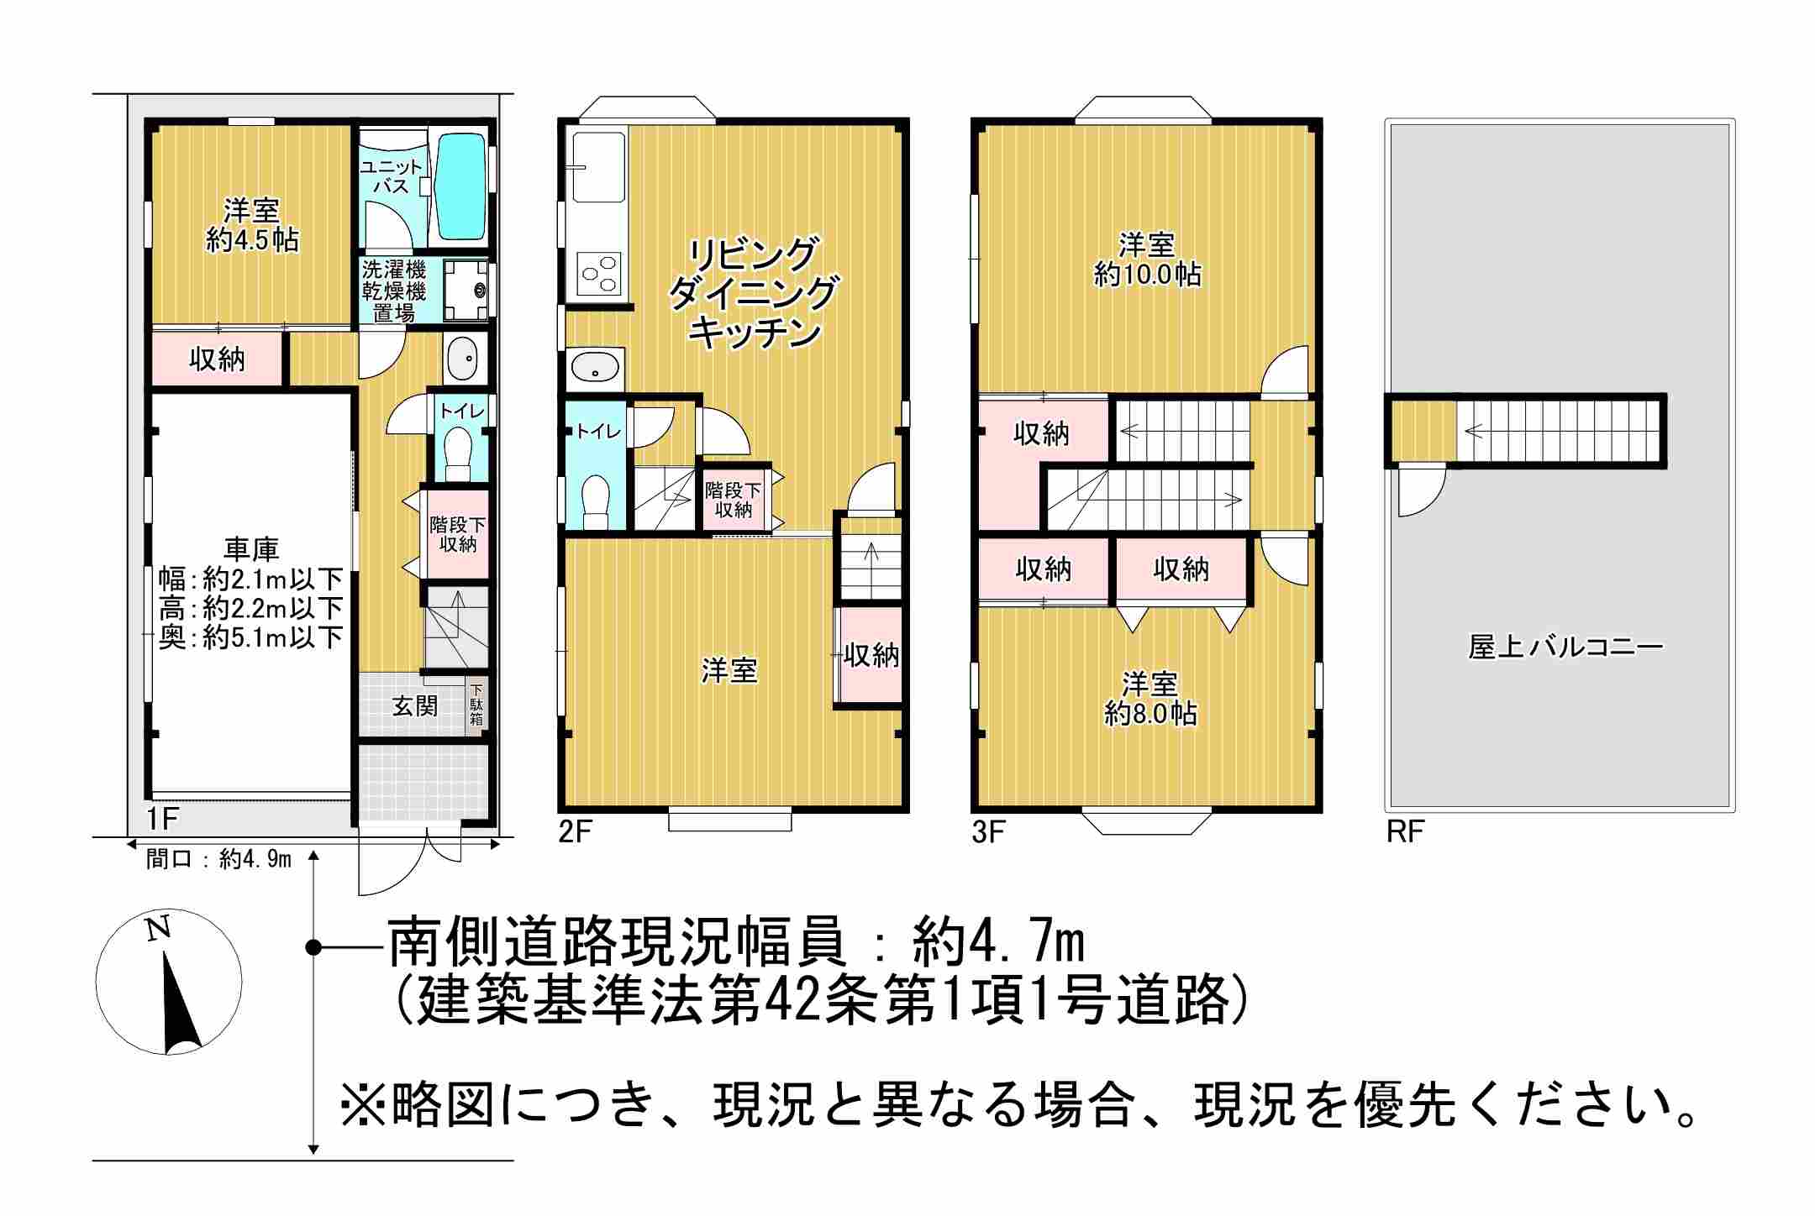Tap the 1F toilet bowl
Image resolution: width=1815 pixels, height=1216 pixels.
pyautogui.click(x=458, y=453)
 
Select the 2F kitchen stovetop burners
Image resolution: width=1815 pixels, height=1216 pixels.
pyautogui.click(x=599, y=274)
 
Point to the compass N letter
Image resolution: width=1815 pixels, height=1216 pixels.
pyautogui.click(x=158, y=928)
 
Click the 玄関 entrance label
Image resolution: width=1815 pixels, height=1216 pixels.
pyautogui.click(x=415, y=706)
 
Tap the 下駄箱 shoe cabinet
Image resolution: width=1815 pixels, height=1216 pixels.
pyautogui.click(x=476, y=706)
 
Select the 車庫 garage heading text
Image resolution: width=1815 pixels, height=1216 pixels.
pyautogui.click(x=251, y=550)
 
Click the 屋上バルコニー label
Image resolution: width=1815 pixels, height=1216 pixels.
pyautogui.click(x=1565, y=647)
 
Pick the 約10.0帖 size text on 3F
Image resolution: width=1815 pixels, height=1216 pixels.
pyautogui.click(x=1147, y=275)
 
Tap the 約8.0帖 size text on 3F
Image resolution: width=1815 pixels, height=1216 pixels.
pyautogui.click(x=1150, y=714)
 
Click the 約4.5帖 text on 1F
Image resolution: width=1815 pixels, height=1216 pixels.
pyautogui.click(x=252, y=240)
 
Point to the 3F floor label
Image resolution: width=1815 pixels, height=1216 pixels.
pyautogui.click(x=989, y=831)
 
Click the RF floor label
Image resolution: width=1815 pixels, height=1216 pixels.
pyautogui.click(x=1405, y=831)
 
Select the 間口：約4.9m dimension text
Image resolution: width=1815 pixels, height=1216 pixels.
pyautogui.click(x=218, y=858)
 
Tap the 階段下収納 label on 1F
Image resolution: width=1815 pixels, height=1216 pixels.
pyautogui.click(x=458, y=535)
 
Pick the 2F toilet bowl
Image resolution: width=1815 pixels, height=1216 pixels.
pyautogui.click(x=596, y=499)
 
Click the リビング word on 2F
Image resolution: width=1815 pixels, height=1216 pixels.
pyautogui.click(x=753, y=254)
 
